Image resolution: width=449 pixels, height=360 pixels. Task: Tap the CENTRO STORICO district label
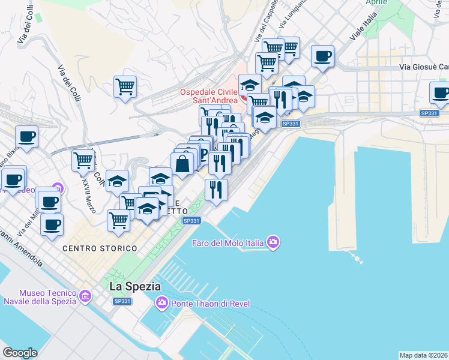99,248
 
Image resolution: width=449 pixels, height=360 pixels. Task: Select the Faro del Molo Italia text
228,243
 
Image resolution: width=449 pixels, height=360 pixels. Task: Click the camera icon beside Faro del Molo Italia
274,242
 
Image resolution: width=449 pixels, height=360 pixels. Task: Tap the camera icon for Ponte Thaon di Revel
161,302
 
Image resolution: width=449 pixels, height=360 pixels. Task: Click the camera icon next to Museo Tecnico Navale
85,296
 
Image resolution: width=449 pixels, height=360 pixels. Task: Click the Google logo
20,353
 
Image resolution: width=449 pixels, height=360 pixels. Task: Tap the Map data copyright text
423,355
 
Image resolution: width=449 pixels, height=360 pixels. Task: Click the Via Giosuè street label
424,67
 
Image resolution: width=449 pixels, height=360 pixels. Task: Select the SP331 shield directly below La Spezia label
121,301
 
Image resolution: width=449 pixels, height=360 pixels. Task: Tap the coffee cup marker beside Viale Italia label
322,56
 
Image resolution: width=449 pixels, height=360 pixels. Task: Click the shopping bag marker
182,163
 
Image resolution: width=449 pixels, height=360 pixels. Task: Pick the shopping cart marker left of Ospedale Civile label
125,86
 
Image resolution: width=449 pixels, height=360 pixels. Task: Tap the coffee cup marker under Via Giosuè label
441,93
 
